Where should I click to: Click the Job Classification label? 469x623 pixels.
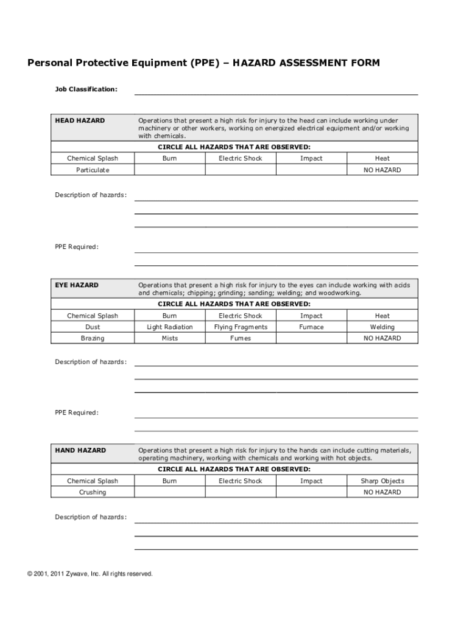[86, 89]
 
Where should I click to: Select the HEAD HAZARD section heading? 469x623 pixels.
[80, 120]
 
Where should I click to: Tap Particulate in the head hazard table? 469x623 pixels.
[93, 170]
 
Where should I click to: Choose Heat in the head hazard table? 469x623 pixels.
[382, 158]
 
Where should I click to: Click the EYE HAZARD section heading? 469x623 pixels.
[77, 285]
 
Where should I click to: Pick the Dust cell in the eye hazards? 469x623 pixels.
[93, 327]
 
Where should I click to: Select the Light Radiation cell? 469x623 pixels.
[170, 327]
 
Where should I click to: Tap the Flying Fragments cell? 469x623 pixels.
[241, 327]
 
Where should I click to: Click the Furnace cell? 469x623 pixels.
[311, 327]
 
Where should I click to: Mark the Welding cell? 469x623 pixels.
[382, 327]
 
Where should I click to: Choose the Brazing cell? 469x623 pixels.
[93, 338]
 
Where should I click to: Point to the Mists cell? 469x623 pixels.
[170, 338]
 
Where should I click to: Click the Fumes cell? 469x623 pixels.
[241, 338]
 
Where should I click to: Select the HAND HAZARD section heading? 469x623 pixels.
[80, 450]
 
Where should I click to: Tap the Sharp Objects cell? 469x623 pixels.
[382, 481]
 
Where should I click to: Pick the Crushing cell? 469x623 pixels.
[93, 492]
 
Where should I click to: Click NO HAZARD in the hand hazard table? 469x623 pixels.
[382, 492]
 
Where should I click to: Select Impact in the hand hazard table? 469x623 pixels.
[311, 481]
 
